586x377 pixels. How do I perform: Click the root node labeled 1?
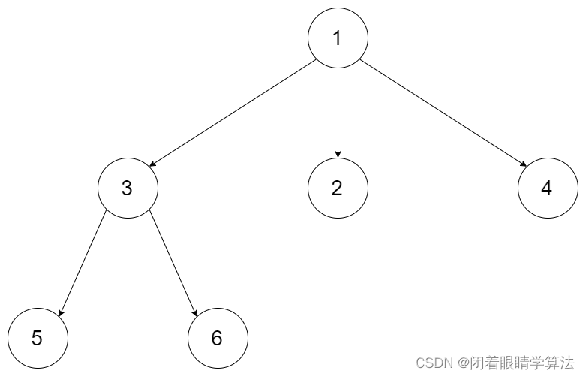338,38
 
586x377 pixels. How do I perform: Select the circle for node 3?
128,188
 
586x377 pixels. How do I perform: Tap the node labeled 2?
338,188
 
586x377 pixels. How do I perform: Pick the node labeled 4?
547,188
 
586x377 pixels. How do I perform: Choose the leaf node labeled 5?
38,338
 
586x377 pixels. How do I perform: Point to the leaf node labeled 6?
218,338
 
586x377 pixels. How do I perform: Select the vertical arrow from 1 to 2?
338,113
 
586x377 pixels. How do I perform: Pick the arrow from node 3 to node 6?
173,263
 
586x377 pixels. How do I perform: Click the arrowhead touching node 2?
338,154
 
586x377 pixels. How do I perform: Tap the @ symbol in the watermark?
464,362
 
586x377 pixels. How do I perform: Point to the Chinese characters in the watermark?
522,362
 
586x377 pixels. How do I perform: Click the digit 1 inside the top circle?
338,38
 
